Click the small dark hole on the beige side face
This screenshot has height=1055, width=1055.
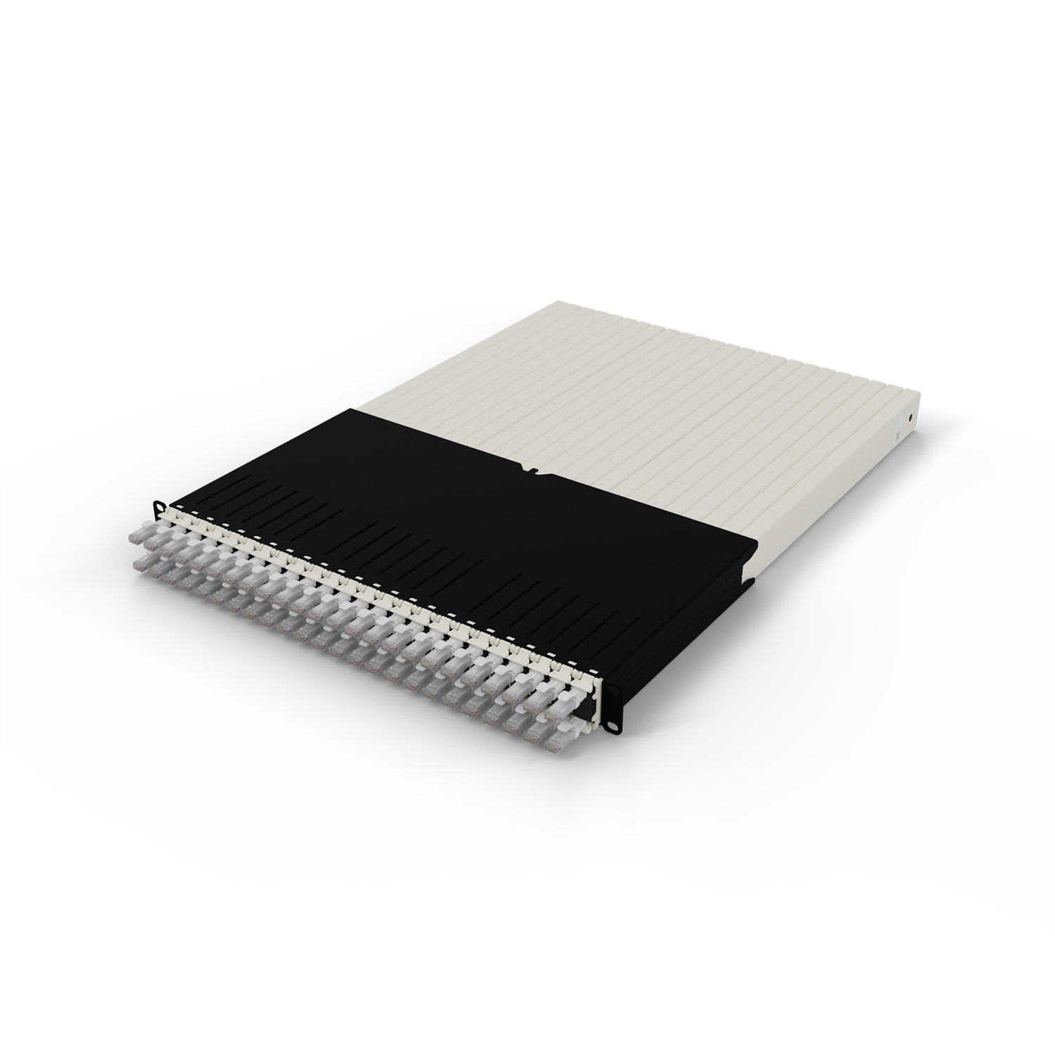pos(912,416)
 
